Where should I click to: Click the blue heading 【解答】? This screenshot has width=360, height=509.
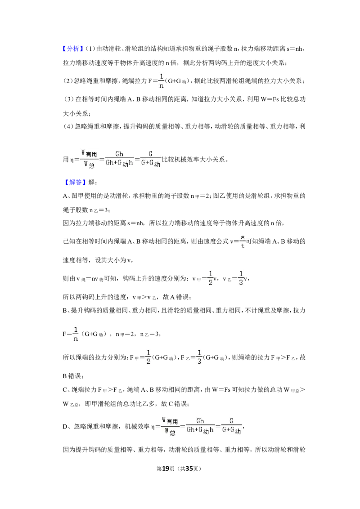click(74, 183)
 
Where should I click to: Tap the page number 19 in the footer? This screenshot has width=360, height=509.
click(166, 469)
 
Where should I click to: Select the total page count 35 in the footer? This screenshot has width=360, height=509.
click(189, 469)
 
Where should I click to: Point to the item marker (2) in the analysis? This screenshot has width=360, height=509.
click(67, 81)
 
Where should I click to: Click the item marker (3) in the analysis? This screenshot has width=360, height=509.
click(69, 99)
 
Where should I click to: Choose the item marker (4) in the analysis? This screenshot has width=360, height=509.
click(68, 126)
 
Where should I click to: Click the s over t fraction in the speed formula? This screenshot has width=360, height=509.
click(243, 241)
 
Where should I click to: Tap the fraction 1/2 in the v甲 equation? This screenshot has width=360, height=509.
click(210, 278)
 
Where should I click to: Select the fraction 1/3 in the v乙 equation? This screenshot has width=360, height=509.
click(241, 278)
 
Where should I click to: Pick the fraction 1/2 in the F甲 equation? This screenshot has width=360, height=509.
click(148, 357)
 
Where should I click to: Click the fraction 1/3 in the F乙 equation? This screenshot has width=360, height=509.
click(199, 357)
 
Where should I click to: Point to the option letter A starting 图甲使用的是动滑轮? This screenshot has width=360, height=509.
click(65, 196)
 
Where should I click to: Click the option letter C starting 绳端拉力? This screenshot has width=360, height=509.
click(65, 389)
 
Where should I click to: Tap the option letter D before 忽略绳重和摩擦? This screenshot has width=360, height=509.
click(65, 427)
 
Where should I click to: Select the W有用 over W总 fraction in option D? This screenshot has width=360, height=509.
click(170, 426)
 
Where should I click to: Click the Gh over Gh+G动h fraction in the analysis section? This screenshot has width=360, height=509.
click(119, 158)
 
